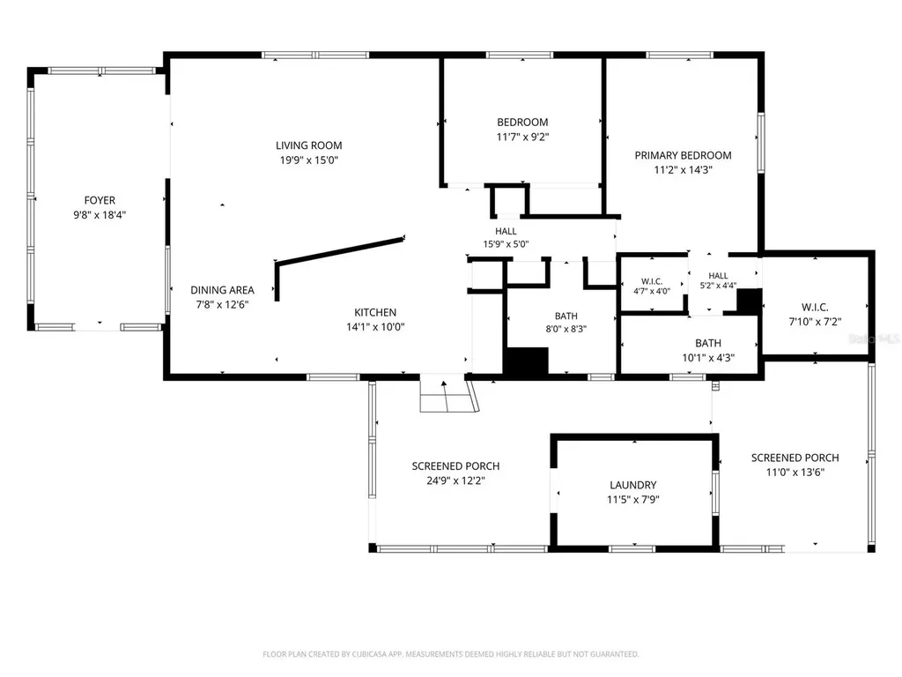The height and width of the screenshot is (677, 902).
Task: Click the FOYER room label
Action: tap(100, 200)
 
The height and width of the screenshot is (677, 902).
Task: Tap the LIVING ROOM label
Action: tap(309, 145)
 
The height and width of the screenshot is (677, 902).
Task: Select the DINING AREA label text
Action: tap(222, 290)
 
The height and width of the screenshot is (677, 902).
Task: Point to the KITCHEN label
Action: tap(375, 313)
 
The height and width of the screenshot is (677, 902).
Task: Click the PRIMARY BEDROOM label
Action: tap(683, 155)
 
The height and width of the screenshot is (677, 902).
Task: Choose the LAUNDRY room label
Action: tap(632, 486)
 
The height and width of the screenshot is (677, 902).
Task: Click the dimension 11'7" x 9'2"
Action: tap(522, 137)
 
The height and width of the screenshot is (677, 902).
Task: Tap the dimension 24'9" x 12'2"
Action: tap(455, 480)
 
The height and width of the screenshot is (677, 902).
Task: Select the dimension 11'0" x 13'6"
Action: tap(795, 472)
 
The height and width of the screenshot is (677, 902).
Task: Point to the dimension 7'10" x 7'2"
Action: tap(815, 322)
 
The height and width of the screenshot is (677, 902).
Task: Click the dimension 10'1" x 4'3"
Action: tap(708, 358)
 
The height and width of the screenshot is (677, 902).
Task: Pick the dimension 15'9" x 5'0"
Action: tap(506, 244)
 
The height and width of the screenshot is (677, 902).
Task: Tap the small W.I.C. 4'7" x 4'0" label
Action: tap(652, 286)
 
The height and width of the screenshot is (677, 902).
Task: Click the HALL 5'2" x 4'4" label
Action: tap(718, 280)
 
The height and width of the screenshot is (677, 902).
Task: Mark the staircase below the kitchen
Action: tap(449, 393)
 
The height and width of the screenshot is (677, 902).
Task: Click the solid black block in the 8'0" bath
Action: tap(526, 361)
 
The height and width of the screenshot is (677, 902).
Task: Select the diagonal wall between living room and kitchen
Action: tap(340, 249)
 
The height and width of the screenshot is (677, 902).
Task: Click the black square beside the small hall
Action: tap(750, 301)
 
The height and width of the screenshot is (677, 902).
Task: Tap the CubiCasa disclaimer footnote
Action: tap(450, 654)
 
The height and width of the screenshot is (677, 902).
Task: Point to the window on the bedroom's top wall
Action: tap(520, 56)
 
